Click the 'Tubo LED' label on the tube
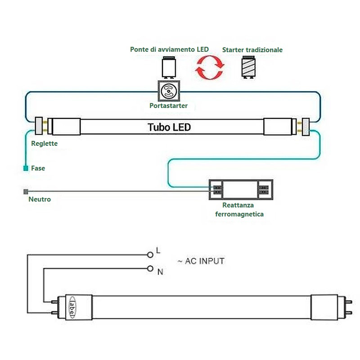pyautogui.click(x=169, y=127)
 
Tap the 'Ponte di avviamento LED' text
pyautogui.click(x=169, y=49)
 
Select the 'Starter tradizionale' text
pyautogui.click(x=252, y=50)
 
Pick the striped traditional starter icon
pyautogui.click(x=248, y=68)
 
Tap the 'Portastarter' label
pyautogui.click(x=168, y=106)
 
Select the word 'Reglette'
pyautogui.click(x=45, y=144)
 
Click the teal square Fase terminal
pyautogui.click(x=26, y=168)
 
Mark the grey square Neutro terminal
pyautogui.click(x=25, y=191)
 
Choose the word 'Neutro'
pyautogui.click(x=40, y=199)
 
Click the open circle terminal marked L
pyautogui.click(x=150, y=254)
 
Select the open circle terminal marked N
pyautogui.click(x=150, y=269)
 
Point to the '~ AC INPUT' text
pyautogui.click(x=201, y=261)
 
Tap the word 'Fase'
pyautogui.click(x=38, y=168)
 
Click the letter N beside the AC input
pyautogui.click(x=160, y=272)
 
